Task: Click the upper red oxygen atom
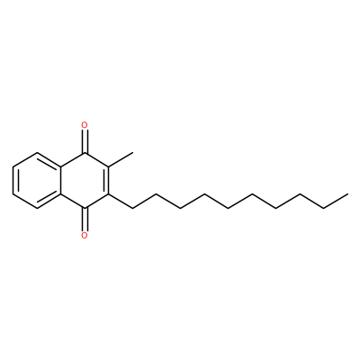point(85,125)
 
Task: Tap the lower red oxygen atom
point(85,235)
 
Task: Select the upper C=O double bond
point(85,141)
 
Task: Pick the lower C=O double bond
point(85,219)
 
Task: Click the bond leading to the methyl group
point(121,159)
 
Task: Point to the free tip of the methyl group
point(132,152)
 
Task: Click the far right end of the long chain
point(348,194)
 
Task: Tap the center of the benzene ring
point(37,180)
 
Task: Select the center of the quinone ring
point(85,180)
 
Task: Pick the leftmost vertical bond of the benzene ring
point(13,180)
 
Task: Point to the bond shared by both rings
point(61,180)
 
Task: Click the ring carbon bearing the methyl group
point(109,166)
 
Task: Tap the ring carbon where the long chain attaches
point(109,194)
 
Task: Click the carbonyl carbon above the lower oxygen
point(85,208)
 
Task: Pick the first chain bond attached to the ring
point(121,201)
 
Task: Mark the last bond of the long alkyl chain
point(336,201)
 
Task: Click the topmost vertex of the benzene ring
point(37,152)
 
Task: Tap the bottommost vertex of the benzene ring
point(37,208)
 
